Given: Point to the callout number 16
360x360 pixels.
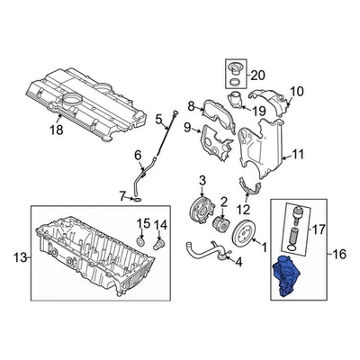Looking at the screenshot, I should click(340, 255).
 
